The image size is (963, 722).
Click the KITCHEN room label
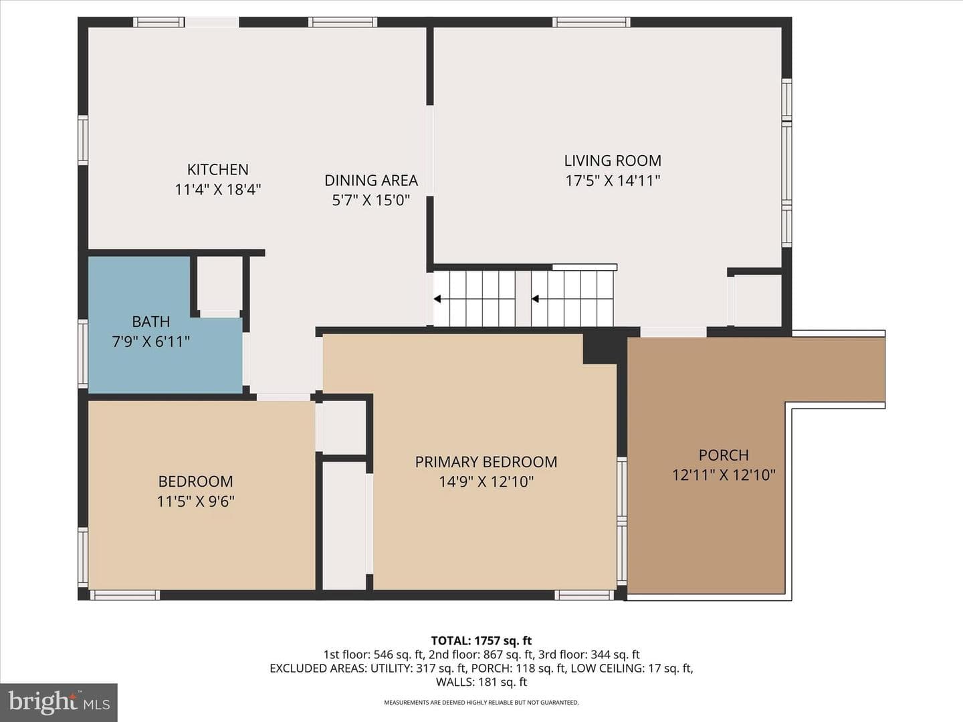[x=217, y=169]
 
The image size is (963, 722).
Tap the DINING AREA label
[x=371, y=180]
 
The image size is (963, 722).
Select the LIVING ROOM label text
[x=613, y=160]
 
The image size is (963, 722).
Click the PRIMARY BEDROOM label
[x=486, y=461]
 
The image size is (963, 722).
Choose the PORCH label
[x=724, y=455]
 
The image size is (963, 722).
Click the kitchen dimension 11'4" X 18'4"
[x=218, y=189]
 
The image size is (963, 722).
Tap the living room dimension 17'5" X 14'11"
[x=613, y=180]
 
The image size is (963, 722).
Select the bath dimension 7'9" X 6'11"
[x=151, y=341]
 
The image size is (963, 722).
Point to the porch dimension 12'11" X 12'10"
[x=724, y=475]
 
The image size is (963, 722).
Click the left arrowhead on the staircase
[x=437, y=299]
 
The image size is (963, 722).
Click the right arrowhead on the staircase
[x=535, y=299]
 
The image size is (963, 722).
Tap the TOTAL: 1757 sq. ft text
[x=481, y=641]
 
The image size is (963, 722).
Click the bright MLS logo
[x=59, y=703]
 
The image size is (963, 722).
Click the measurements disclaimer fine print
[x=481, y=703]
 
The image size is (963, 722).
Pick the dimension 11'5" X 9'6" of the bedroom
[x=196, y=501]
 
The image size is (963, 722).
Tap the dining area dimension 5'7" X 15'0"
[x=371, y=200]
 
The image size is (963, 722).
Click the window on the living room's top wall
[x=591, y=22]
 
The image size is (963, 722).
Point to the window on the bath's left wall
[x=83, y=354]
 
